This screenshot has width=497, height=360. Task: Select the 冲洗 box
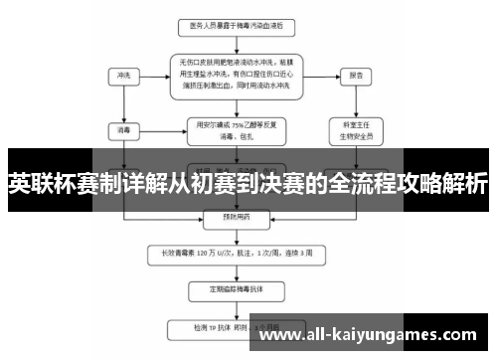coord(122,75)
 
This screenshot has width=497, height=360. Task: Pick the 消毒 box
coord(122,128)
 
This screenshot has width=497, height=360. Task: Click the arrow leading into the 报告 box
coord(323,75)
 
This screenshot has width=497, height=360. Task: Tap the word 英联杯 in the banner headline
coord(36,185)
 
